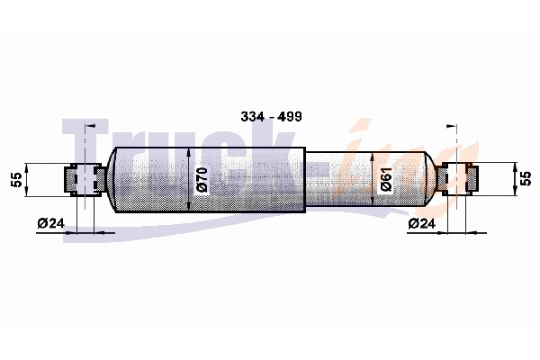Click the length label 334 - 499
[x=272, y=116]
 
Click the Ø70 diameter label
[x=202, y=179]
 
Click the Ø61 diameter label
[x=386, y=179]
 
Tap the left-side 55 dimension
[x=16, y=179]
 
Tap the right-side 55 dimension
[x=526, y=179]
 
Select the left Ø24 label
[x=51, y=223]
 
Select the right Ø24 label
[x=421, y=223]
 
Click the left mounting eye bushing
[x=85, y=179]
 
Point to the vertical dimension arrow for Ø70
[x=189, y=179]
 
